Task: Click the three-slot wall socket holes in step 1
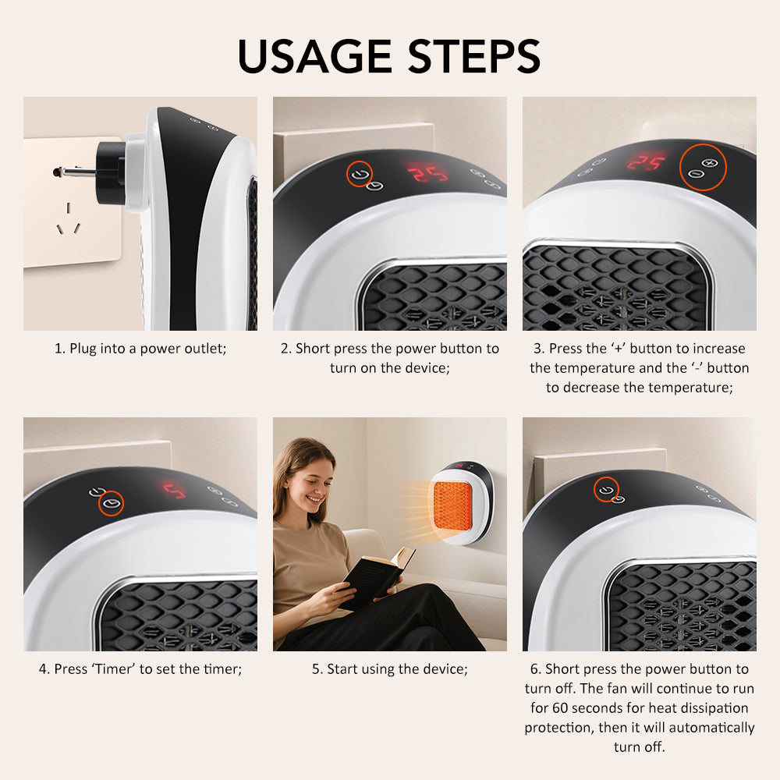[x=69, y=221]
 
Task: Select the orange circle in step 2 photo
[x=359, y=174]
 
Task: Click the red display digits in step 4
[x=174, y=491]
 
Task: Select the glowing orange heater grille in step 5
[x=452, y=505]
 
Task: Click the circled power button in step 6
[x=606, y=489]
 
